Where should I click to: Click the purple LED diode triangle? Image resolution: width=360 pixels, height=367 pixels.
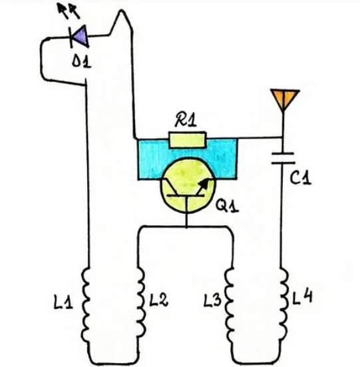(81, 37)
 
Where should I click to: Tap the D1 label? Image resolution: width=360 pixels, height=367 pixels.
(81, 62)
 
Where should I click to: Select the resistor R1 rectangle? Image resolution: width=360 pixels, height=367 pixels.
(188, 140)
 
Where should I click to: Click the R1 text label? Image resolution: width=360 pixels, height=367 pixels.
(186, 120)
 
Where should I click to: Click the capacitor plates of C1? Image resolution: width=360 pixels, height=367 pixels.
(283, 158)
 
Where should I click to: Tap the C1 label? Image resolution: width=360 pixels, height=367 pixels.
(301, 178)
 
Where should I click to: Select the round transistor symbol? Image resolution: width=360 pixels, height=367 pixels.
(188, 185)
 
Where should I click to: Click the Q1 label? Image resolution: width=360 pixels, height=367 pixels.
(227, 206)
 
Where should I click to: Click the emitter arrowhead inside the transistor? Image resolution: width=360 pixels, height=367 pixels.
(205, 183)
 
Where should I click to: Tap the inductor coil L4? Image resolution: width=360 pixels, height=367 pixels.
(283, 304)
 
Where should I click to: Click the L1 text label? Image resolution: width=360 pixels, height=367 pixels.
(63, 302)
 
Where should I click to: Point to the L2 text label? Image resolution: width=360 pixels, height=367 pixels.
(158, 300)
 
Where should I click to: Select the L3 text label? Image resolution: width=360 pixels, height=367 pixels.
(212, 300)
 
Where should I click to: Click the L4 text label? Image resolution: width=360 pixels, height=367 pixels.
(303, 297)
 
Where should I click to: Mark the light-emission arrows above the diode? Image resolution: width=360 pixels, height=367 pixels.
(69, 11)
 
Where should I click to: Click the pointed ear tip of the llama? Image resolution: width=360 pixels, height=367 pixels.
(121, 10)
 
